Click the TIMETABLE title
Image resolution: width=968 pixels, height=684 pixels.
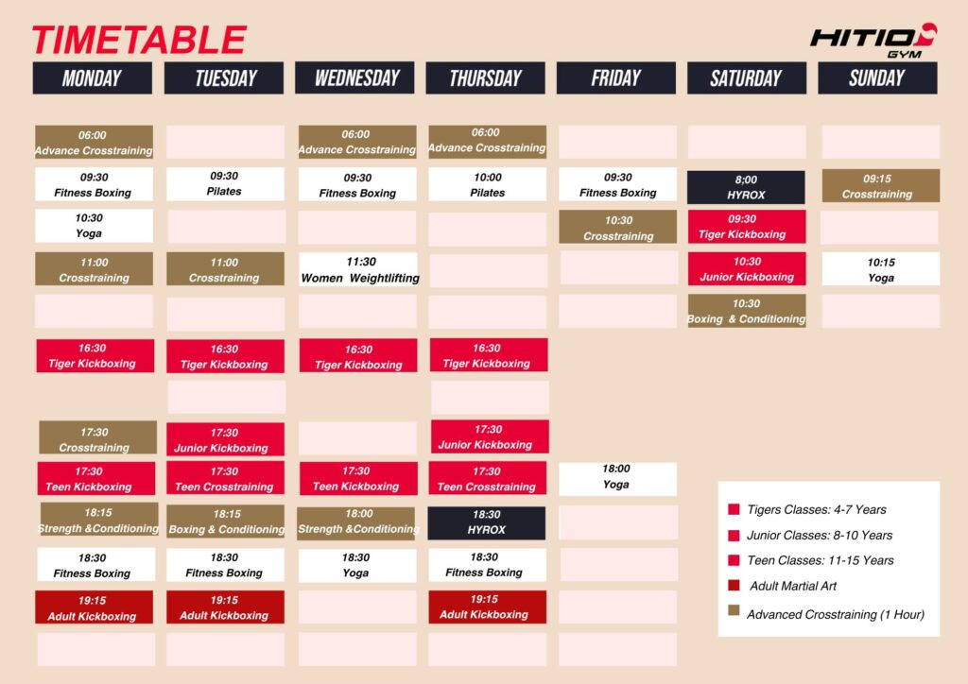pyautogui.click(x=139, y=40)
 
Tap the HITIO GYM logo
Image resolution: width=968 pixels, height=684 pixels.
pyautogui.click(x=873, y=41)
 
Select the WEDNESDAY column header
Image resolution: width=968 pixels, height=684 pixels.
pyautogui.click(x=354, y=77)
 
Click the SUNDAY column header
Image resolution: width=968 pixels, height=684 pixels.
pyautogui.click(x=877, y=77)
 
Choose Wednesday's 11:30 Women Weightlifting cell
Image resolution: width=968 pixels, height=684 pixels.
pyautogui.click(x=358, y=269)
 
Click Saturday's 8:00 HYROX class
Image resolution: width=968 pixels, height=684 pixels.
pyautogui.click(x=746, y=187)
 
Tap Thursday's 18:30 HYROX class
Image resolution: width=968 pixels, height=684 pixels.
pyautogui.click(x=487, y=522)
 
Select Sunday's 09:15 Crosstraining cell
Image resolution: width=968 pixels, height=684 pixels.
pyautogui.click(x=881, y=186)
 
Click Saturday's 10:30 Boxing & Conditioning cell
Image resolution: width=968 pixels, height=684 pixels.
pyautogui.click(x=747, y=310)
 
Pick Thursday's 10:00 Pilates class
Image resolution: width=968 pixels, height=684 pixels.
pyautogui.click(x=487, y=184)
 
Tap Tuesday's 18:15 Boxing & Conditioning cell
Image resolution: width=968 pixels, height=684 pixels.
pyautogui.click(x=225, y=522)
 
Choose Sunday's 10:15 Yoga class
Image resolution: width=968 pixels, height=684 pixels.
pyautogui.click(x=881, y=269)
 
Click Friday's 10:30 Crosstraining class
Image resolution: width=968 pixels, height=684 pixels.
pyautogui.click(x=618, y=227)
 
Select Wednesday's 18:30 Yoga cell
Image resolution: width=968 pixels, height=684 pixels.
pyautogui.click(x=357, y=565)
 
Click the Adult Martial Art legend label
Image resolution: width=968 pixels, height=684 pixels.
pyautogui.click(x=793, y=586)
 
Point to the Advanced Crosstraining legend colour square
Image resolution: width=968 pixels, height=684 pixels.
pyautogui.click(x=734, y=610)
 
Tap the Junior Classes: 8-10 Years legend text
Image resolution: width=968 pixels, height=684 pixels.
pyautogui.click(x=820, y=536)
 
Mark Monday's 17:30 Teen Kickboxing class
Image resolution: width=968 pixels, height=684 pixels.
pyautogui.click(x=96, y=479)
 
